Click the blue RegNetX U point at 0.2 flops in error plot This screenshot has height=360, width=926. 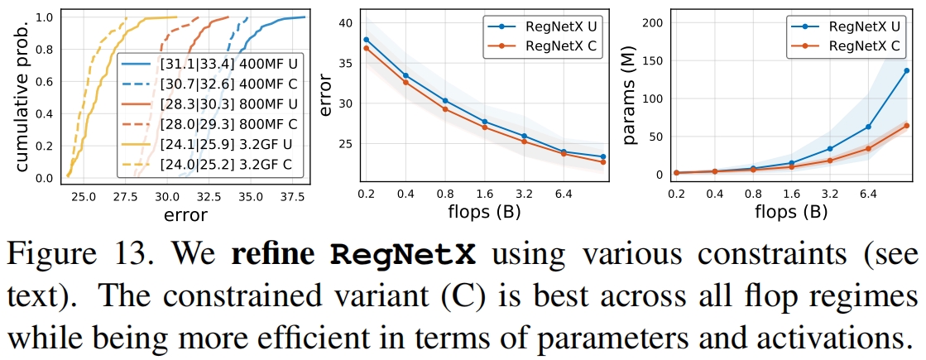click(366, 40)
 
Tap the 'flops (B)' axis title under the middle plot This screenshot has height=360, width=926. click(490, 213)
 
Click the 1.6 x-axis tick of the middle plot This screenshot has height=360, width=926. click(485, 194)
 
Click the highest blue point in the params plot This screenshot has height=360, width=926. click(907, 70)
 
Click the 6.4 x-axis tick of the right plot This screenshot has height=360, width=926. click(868, 194)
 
